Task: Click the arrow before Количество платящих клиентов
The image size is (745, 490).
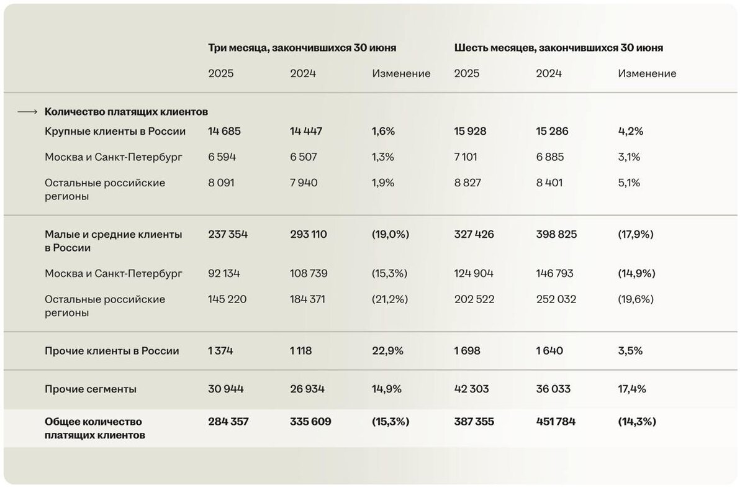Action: click(x=28, y=112)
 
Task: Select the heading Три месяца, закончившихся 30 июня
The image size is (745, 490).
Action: click(x=302, y=48)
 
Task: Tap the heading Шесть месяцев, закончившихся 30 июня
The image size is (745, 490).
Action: click(x=558, y=48)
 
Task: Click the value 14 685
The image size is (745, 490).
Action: click(x=224, y=131)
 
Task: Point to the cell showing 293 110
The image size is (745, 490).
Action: click(x=309, y=234)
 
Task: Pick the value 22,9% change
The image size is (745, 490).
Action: click(x=387, y=350)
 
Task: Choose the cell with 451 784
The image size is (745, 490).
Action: click(x=556, y=421)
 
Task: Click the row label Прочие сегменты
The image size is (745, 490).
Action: click(x=91, y=389)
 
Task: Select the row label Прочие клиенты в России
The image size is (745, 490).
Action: click(x=112, y=350)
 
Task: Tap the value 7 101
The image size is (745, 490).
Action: click(x=466, y=157)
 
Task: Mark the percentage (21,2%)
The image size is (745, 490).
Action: click(x=390, y=299)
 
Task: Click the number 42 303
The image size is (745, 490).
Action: click(x=471, y=389)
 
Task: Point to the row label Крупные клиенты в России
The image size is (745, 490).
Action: click(x=115, y=131)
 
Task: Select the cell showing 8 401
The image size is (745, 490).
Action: click(x=550, y=183)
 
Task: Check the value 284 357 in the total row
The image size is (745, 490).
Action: click(x=228, y=421)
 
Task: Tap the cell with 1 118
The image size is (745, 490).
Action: click(x=300, y=350)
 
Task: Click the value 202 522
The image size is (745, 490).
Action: click(x=474, y=299)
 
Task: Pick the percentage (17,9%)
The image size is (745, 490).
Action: click(x=636, y=234)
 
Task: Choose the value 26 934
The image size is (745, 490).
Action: click(x=307, y=389)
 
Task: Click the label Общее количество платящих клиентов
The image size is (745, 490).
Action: click(x=95, y=428)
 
